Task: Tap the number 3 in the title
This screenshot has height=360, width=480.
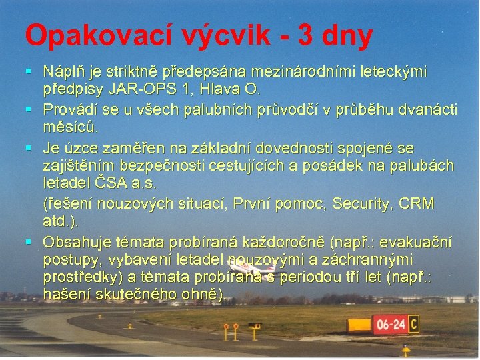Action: [309, 35]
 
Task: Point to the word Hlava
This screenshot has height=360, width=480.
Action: [221, 89]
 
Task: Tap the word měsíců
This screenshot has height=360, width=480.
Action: [69, 127]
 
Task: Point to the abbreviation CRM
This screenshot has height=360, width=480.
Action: [417, 203]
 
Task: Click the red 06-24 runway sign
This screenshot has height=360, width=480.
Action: [390, 325]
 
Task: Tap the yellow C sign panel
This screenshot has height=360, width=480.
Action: [414, 325]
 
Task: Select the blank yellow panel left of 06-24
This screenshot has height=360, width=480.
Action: [361, 325]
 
